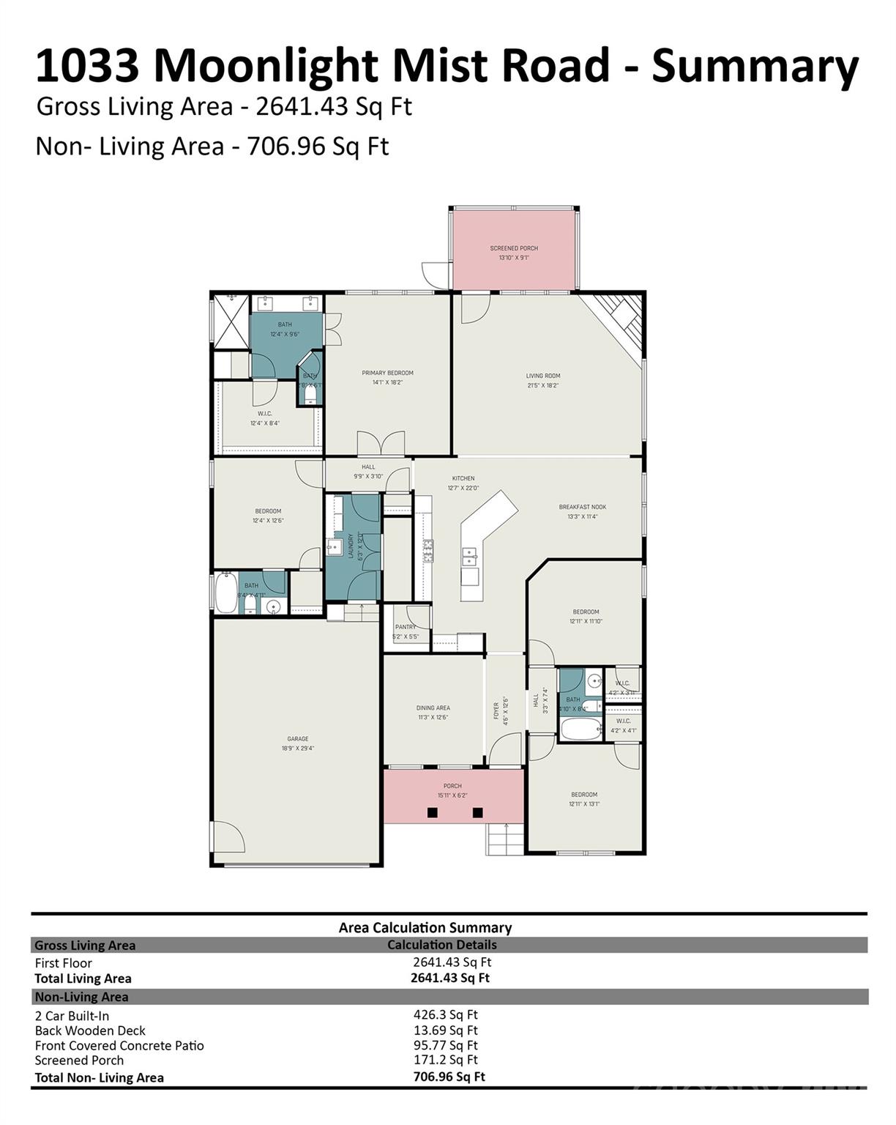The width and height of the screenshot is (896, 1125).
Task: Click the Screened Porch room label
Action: [x=514, y=248]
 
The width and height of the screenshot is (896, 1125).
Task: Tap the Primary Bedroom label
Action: [x=387, y=373]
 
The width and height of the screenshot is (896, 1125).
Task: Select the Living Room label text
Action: [x=543, y=376]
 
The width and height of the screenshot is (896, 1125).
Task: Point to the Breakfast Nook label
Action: [x=582, y=507]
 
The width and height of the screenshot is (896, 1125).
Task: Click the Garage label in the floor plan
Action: [x=297, y=739]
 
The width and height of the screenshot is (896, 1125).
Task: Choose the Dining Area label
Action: [x=433, y=708]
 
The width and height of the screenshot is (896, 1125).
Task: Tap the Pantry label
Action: [x=406, y=627]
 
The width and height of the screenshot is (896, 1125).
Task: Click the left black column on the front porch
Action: [x=433, y=812]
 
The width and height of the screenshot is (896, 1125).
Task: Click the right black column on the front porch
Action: [x=478, y=812]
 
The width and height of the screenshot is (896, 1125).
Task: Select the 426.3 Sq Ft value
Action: [x=445, y=1014]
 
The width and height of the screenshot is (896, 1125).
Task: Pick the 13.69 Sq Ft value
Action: [x=445, y=1031]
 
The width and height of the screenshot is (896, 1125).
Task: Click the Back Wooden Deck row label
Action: [x=90, y=1031]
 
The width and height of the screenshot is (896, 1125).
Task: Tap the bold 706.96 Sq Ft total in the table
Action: [x=449, y=1076]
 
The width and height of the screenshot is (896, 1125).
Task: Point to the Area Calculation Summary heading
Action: [x=425, y=927]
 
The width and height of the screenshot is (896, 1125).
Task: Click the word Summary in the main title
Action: [x=755, y=66]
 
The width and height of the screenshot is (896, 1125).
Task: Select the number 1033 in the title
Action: [x=87, y=66]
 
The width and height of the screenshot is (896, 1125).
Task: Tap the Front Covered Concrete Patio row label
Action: [x=119, y=1045]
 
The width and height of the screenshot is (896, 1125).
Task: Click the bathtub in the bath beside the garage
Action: [x=226, y=593]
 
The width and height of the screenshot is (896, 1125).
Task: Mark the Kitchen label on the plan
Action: [x=463, y=478]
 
